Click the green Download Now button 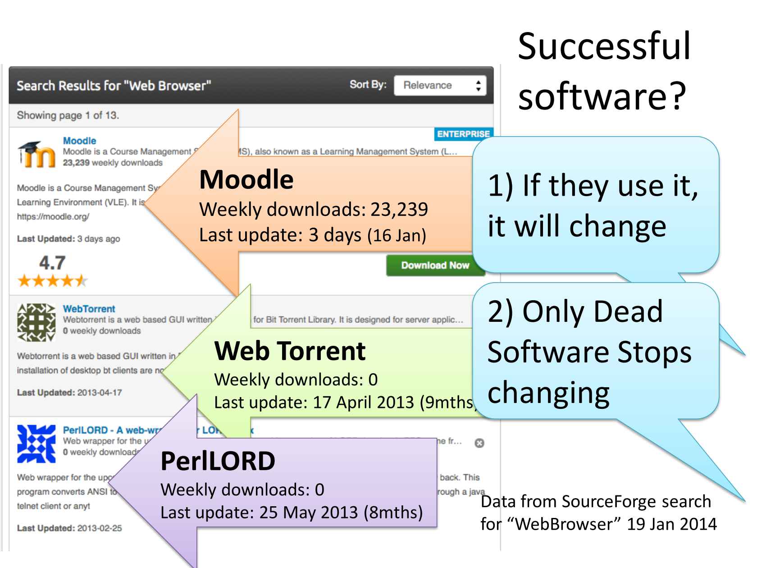pyautogui.click(x=435, y=266)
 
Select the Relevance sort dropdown pyautogui.click(x=440, y=86)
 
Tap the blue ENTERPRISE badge pyautogui.click(x=463, y=134)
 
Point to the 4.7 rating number pyautogui.click(x=52, y=263)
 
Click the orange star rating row pyautogui.click(x=52, y=282)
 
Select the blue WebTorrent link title pyautogui.click(x=89, y=309)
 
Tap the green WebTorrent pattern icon pyautogui.click(x=36, y=322)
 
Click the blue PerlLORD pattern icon pyautogui.click(x=36, y=444)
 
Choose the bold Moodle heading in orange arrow pyautogui.click(x=246, y=179)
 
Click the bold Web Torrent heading pyautogui.click(x=290, y=351)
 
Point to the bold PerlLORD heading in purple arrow pyautogui.click(x=218, y=461)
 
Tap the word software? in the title pyautogui.click(x=602, y=96)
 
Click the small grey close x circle pyautogui.click(x=479, y=443)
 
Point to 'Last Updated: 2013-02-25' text pyautogui.click(x=69, y=528)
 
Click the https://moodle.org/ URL pyautogui.click(x=53, y=216)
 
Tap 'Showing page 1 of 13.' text pyautogui.click(x=68, y=115)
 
